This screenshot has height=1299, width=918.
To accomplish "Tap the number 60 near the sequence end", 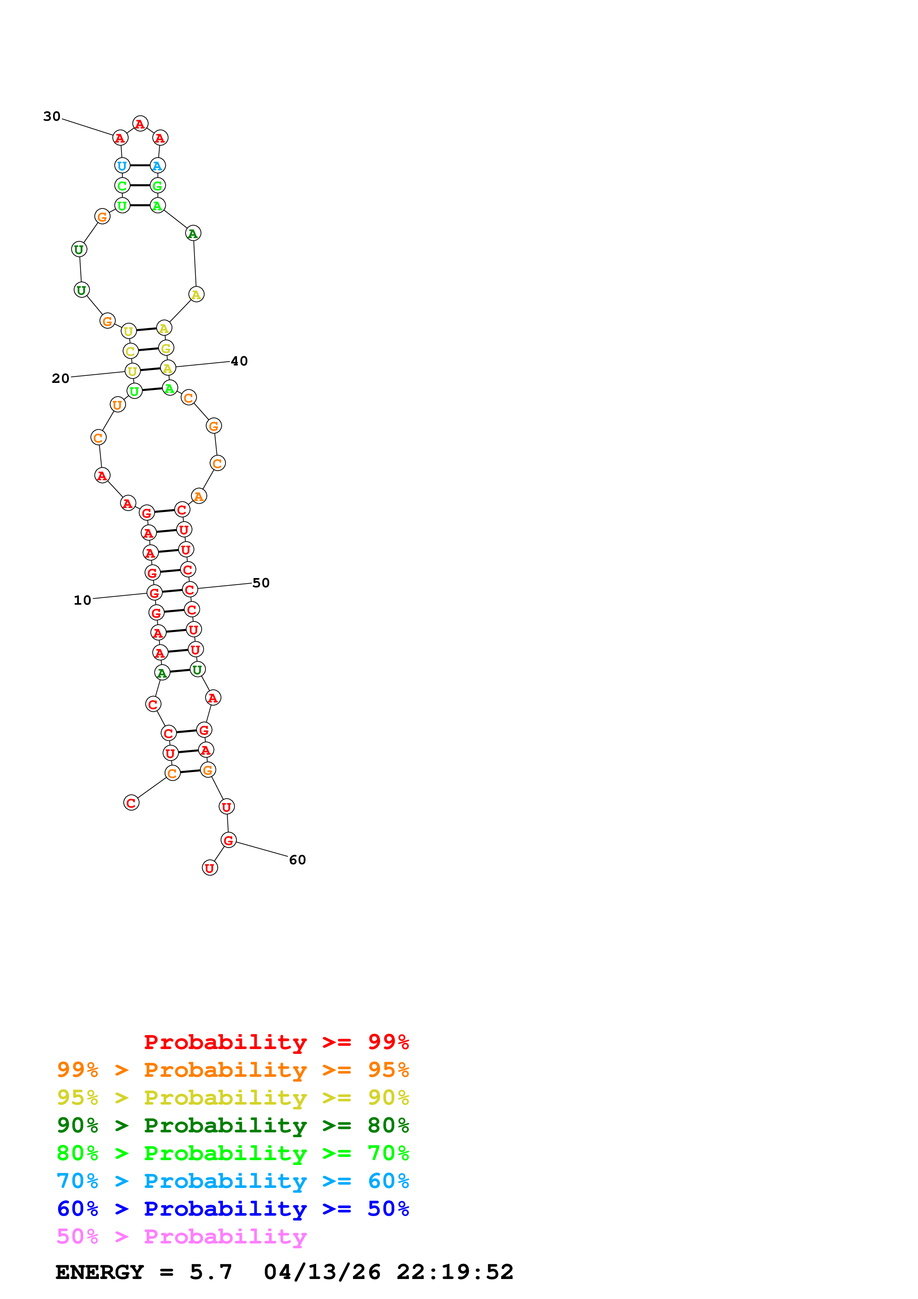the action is click(297, 860).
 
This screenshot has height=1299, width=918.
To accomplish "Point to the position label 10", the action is click(83, 600).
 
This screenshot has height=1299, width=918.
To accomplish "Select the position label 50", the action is click(261, 583).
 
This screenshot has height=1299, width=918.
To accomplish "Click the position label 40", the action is click(239, 361).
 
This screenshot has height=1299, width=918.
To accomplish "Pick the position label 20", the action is click(60, 378).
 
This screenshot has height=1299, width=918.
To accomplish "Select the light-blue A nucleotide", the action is click(157, 166).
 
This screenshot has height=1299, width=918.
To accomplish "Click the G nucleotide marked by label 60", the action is click(228, 840).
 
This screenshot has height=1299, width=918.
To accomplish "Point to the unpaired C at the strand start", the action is click(131, 803).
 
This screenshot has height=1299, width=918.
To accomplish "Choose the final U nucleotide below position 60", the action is click(210, 868).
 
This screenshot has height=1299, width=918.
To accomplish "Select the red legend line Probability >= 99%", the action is click(277, 1042).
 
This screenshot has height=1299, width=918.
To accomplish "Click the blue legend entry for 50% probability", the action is click(233, 1209).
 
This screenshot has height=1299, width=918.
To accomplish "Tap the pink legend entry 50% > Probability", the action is click(181, 1237).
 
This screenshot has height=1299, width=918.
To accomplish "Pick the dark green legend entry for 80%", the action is click(233, 1125).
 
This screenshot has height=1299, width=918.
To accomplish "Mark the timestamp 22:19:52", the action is click(455, 1272).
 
